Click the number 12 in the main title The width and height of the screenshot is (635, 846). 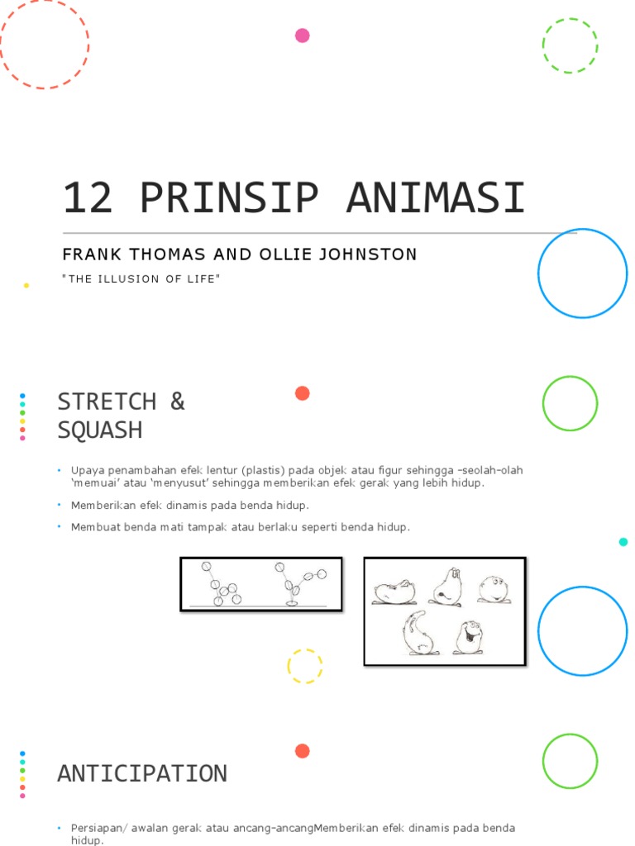point(88,198)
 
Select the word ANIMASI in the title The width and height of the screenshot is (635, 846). point(435,198)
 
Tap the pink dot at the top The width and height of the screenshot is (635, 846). point(303,36)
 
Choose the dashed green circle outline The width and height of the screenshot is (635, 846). point(570,45)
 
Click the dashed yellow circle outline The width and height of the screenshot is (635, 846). point(304,667)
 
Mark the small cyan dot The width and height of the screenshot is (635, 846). point(623,542)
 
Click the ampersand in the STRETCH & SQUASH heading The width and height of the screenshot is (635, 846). point(177,402)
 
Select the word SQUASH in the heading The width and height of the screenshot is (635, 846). point(99,430)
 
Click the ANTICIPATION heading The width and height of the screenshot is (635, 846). point(141,774)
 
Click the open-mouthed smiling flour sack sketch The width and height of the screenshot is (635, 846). point(469,637)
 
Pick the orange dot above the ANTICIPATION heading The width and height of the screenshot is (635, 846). point(303,751)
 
